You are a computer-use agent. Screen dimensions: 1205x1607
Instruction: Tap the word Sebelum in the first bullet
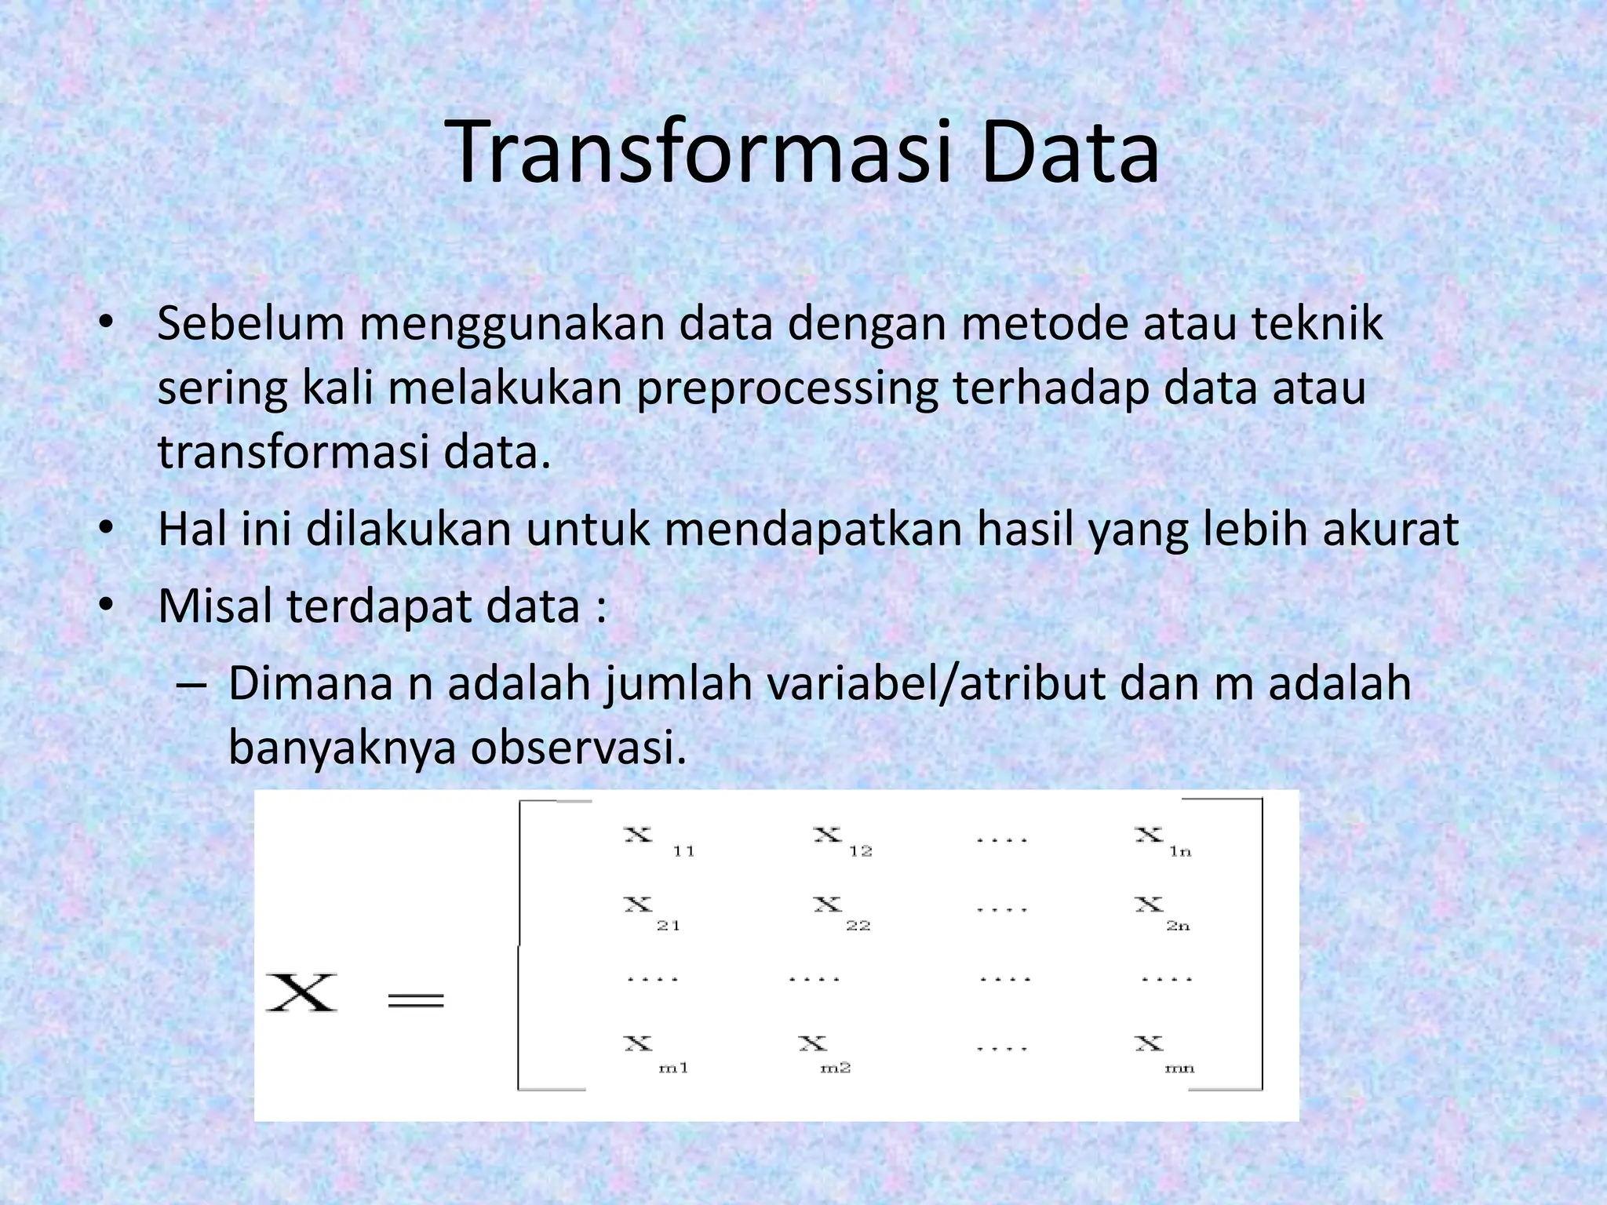251,323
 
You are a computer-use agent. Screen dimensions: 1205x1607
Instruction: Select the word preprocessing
787,390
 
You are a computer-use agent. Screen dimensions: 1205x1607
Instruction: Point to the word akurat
1390,530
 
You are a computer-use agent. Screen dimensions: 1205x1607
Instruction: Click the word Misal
214,606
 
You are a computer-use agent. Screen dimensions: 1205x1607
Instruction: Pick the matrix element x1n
1162,841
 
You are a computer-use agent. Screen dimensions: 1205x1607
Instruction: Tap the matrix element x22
840,912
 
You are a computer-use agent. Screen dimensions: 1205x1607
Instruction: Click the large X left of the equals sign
301,993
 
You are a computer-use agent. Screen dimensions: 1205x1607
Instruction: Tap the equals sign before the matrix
416,999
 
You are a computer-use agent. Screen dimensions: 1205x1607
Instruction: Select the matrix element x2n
1161,912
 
